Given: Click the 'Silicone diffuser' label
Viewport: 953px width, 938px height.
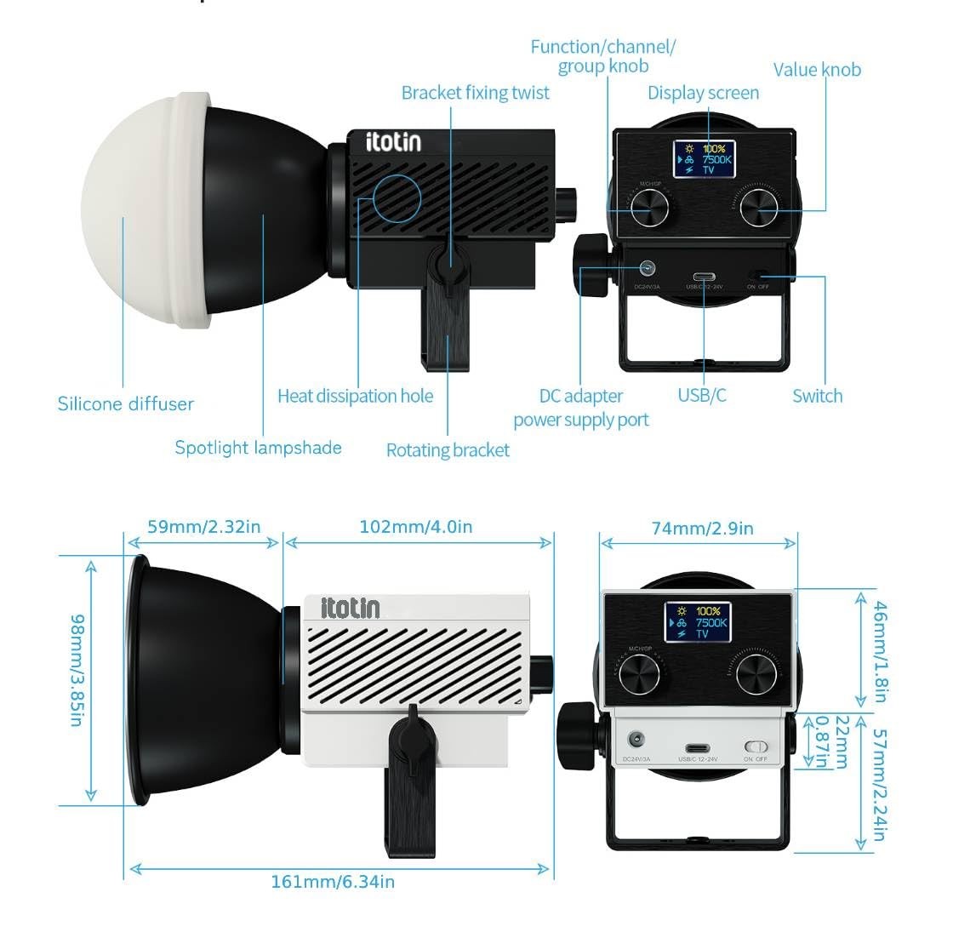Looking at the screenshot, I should click(125, 403).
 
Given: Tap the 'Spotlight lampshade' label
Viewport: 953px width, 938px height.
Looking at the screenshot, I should click(258, 448).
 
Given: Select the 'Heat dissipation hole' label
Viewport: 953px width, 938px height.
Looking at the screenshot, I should click(355, 396).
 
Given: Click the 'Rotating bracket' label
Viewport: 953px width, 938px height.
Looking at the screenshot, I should click(448, 450).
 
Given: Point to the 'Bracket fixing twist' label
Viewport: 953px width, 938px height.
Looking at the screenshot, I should click(475, 93).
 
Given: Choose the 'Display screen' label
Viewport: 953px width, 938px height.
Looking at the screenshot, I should click(703, 93).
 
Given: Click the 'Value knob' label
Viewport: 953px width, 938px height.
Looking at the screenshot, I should click(817, 70).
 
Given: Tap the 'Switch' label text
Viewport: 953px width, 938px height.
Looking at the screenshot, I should click(817, 396).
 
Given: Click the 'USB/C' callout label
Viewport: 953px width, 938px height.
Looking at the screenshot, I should click(702, 395).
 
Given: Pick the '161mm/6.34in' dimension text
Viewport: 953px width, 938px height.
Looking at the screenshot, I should click(333, 882).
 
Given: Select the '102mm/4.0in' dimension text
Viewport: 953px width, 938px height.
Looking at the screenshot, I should click(415, 527).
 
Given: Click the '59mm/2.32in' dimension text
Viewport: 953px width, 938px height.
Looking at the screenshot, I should click(204, 527).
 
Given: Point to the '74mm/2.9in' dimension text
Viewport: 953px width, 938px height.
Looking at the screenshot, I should click(702, 529).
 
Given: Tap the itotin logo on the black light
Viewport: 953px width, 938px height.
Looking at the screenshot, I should click(393, 141).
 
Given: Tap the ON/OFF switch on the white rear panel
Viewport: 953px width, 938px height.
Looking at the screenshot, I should click(756, 746).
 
